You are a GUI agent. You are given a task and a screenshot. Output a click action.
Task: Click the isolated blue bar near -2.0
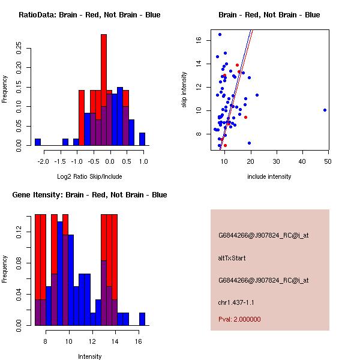point(38,142)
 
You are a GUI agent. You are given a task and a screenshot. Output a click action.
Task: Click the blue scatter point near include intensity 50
point(325,110)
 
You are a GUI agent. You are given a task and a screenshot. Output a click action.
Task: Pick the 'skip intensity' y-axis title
point(185,90)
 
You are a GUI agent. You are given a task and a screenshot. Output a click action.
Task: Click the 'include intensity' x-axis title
point(269,176)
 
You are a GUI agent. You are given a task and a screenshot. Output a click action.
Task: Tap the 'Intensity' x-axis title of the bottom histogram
point(89,356)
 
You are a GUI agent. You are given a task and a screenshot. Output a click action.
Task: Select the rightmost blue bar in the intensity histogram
point(142,319)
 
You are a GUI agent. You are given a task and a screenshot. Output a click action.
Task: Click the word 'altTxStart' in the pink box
point(232,258)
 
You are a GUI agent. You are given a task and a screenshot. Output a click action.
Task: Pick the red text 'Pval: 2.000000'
point(239,319)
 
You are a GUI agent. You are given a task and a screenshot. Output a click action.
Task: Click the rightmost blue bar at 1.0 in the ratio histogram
point(142,139)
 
